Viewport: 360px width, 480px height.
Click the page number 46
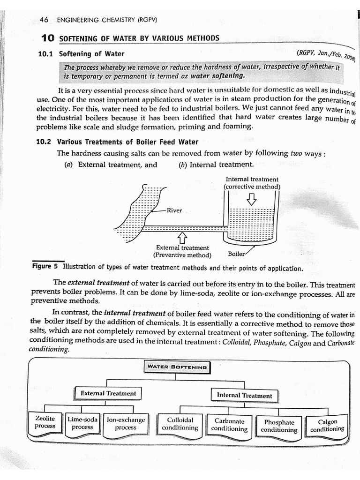[x=45, y=20]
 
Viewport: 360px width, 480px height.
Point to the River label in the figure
[x=174, y=210]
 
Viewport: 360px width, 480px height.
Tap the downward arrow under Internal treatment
[x=252, y=199]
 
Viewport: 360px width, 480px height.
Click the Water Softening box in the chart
[x=177, y=367]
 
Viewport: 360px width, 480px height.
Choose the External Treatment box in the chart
[x=108, y=393]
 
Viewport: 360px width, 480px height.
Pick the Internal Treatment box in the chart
[x=244, y=396]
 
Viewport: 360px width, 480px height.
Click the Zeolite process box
[x=45, y=422]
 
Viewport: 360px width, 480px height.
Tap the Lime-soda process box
[x=82, y=423]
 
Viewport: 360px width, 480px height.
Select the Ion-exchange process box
[x=126, y=423]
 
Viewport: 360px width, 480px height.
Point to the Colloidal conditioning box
[x=180, y=424]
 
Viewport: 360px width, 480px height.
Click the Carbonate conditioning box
[x=229, y=425]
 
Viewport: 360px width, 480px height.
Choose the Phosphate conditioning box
[x=279, y=426]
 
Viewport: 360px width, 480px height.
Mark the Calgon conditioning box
[x=327, y=425]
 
